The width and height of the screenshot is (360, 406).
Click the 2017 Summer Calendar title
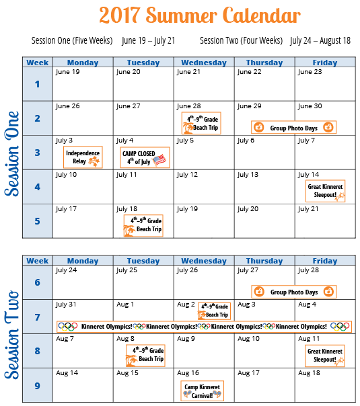click(x=200, y=15)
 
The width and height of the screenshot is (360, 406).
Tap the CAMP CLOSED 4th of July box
click(x=145, y=157)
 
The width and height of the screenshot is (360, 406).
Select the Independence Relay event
click(x=83, y=157)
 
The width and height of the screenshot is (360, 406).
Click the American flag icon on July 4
click(x=159, y=160)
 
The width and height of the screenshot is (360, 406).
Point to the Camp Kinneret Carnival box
click(x=202, y=391)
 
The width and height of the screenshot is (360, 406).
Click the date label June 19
click(x=68, y=72)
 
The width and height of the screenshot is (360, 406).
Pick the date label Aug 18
click(x=309, y=373)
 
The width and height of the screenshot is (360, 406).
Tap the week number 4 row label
click(x=37, y=187)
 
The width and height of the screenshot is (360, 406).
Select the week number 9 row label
click(x=37, y=386)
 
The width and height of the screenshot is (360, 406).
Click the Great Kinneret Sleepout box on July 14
click(x=325, y=191)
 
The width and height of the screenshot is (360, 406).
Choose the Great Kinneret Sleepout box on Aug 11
click(x=325, y=356)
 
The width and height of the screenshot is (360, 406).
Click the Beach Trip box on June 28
click(x=201, y=123)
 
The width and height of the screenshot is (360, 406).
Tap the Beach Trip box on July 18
click(x=143, y=226)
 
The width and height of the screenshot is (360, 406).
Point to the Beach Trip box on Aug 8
click(x=145, y=356)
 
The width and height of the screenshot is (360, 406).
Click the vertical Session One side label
click(x=11, y=153)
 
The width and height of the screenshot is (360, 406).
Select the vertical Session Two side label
click(x=11, y=335)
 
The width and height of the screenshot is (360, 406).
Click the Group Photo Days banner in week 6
click(x=294, y=292)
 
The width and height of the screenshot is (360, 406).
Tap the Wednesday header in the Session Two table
click(x=204, y=261)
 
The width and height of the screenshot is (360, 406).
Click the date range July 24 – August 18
click(x=320, y=40)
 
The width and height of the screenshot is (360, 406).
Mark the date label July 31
click(x=66, y=304)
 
